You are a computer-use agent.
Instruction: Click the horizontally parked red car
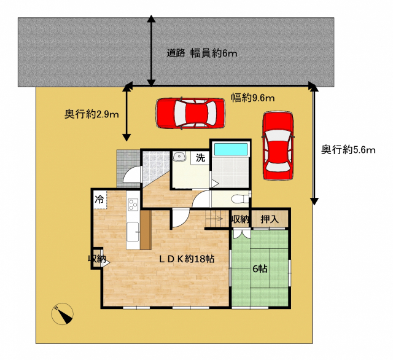[190, 113]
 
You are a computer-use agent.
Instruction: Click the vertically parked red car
[278, 146]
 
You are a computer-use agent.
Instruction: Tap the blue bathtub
[231, 149]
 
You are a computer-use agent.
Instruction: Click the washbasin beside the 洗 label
[179, 157]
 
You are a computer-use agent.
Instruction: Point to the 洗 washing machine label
[201, 158]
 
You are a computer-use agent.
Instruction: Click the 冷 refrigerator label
[99, 200]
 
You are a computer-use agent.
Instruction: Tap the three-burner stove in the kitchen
[133, 205]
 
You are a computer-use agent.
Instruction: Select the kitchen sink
[133, 232]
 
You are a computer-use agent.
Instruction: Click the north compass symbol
[63, 314]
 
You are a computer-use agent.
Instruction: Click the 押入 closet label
[270, 219]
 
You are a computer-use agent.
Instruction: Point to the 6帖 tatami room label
[260, 269]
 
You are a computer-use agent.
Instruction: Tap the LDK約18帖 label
[187, 259]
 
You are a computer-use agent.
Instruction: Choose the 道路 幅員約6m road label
[202, 53]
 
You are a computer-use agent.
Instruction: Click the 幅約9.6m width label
[252, 98]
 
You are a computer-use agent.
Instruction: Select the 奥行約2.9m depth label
[91, 114]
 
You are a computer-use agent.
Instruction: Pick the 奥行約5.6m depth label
[348, 150]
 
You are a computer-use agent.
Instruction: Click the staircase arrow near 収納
[214, 219]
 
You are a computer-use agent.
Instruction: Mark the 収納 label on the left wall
[97, 259]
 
